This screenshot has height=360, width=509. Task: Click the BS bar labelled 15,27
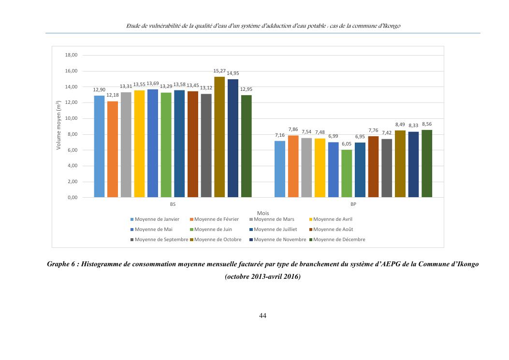tap(219, 137)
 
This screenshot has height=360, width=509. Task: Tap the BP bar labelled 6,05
tap(347, 173)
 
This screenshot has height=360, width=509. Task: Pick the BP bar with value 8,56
tap(426, 164)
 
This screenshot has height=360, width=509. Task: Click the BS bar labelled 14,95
tap(233, 138)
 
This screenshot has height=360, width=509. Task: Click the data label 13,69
tap(153, 84)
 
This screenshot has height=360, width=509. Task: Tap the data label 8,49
tap(400, 125)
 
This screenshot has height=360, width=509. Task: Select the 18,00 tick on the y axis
tap(71, 55)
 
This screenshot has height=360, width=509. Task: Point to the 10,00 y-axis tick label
tap(71, 118)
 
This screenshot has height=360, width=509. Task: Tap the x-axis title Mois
tap(263, 213)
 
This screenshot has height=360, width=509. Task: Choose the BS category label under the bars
tap(173, 205)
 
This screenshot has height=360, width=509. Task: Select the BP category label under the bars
tap(353, 205)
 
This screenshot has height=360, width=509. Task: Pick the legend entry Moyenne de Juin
tap(216, 230)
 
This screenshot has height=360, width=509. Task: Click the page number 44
tap(263, 316)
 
